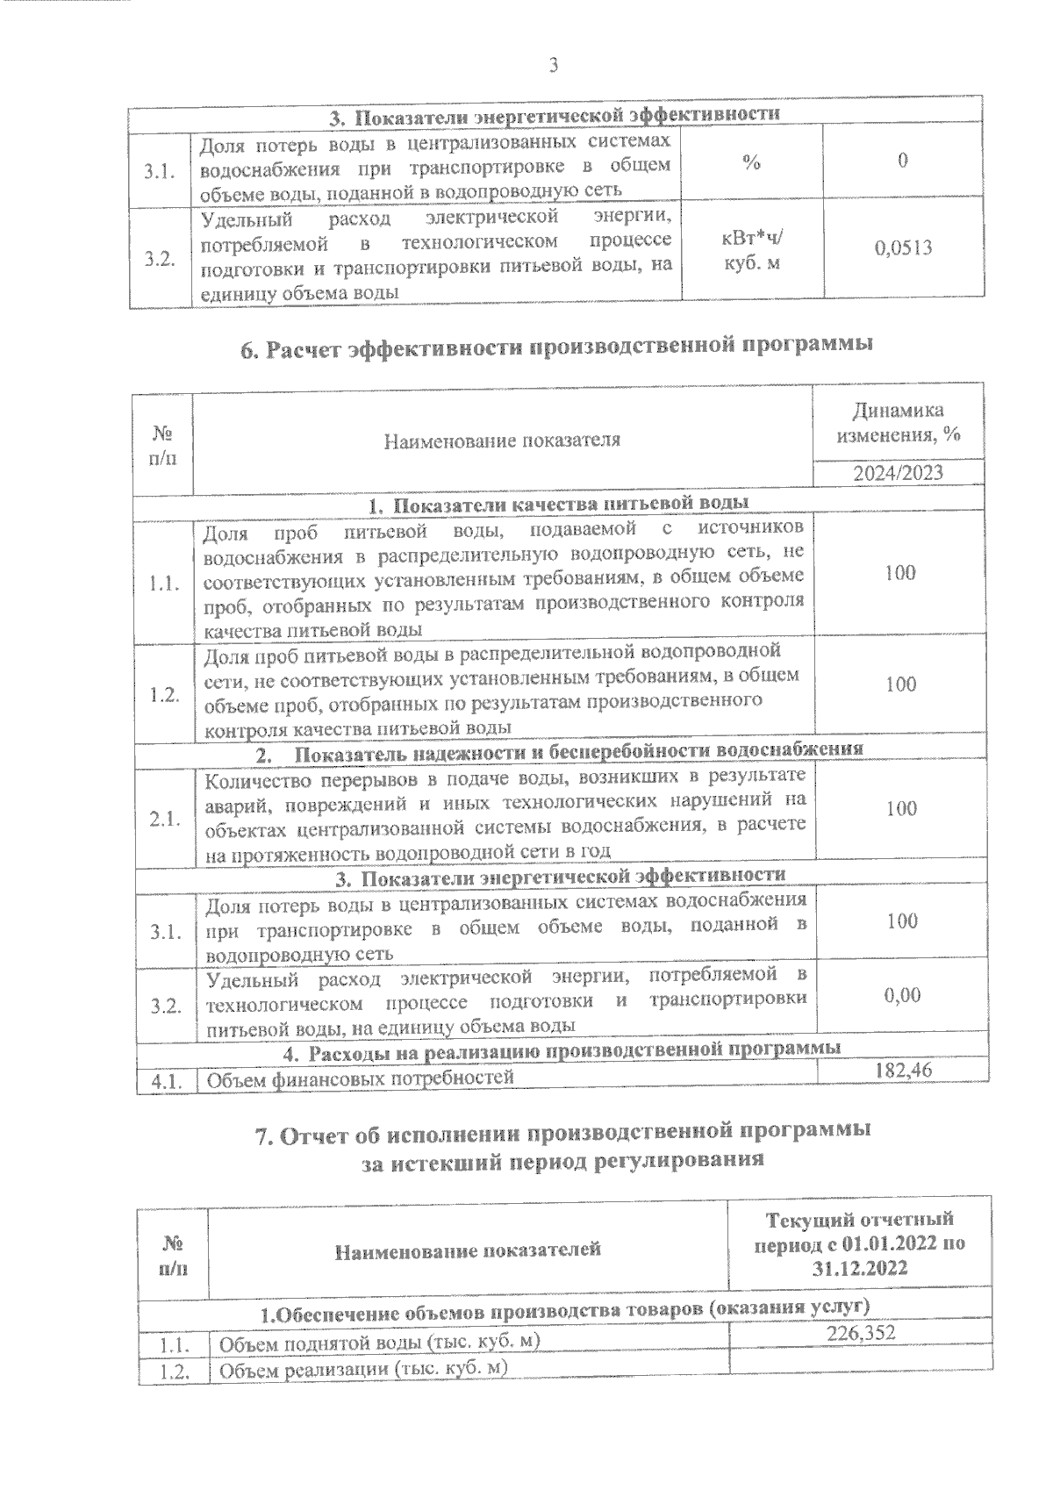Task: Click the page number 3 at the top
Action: (x=553, y=66)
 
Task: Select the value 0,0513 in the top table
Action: (x=903, y=248)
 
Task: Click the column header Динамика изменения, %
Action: (x=900, y=422)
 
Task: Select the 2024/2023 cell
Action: (x=900, y=473)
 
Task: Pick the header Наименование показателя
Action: (x=502, y=441)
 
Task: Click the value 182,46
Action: (x=903, y=1070)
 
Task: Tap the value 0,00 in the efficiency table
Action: (x=902, y=995)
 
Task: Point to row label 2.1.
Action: (x=166, y=820)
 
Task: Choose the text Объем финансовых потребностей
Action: (x=359, y=1078)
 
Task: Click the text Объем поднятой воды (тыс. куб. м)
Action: (x=377, y=1343)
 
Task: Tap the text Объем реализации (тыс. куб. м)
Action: (x=364, y=1370)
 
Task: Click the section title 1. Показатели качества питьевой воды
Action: (x=558, y=504)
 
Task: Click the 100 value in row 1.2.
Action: (x=901, y=684)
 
